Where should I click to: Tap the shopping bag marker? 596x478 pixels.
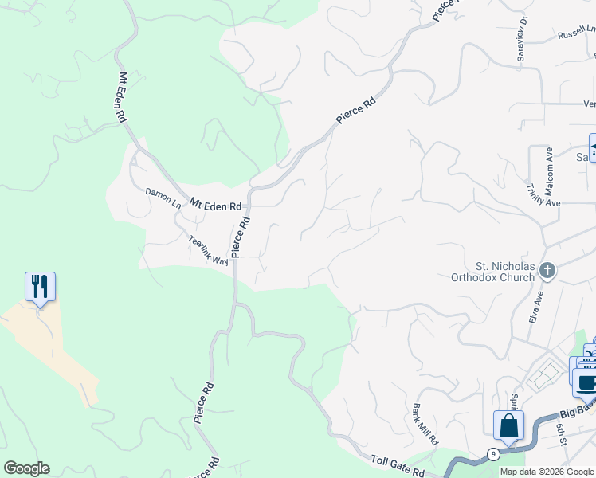tap(508, 425)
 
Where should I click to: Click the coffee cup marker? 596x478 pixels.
tap(586, 382)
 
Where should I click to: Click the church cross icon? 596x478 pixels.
tap(547, 271)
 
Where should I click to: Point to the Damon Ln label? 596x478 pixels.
tap(163, 197)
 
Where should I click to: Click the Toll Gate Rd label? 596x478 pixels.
tap(398, 465)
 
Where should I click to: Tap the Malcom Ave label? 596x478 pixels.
tap(549, 166)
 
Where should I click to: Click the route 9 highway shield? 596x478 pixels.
tap(494, 454)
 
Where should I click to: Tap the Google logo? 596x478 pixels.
tap(26, 468)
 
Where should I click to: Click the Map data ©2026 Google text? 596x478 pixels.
tap(547, 472)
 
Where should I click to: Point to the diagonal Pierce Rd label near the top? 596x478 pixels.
tap(355, 109)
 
